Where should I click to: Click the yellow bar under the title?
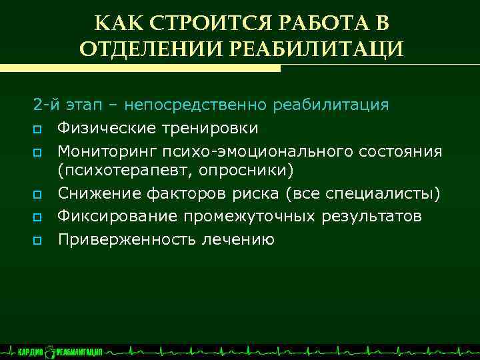(140, 68)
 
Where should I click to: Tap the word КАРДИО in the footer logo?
(31, 351)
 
